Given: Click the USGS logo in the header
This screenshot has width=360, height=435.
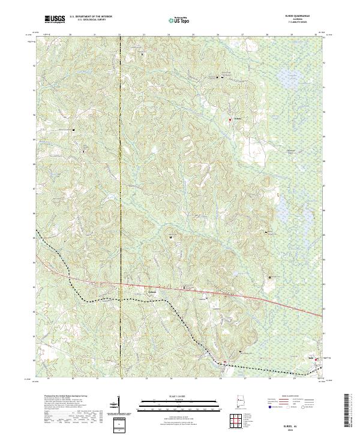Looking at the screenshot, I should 54,20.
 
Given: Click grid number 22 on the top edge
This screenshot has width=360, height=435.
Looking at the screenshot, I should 120,36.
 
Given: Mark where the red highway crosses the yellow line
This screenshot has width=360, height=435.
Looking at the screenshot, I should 120,284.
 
